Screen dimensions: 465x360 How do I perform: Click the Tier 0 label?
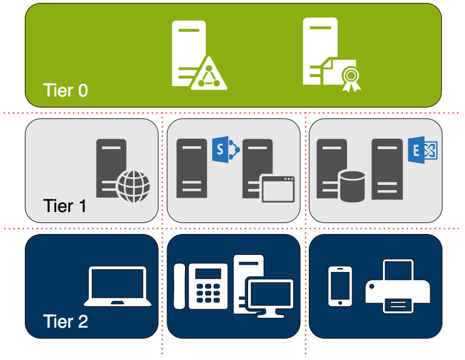(x=65, y=90)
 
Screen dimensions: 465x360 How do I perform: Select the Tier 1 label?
(x=65, y=206)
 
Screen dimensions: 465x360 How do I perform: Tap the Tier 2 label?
(x=65, y=321)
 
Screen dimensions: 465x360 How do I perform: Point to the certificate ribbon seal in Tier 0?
(x=351, y=79)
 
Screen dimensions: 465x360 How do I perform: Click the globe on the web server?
(x=133, y=187)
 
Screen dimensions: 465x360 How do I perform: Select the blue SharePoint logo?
(x=226, y=149)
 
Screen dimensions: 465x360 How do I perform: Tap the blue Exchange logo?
(x=423, y=150)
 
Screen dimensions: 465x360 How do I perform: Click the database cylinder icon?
(x=352, y=187)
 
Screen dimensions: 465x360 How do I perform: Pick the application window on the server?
(x=278, y=189)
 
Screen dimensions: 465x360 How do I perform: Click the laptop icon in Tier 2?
(x=117, y=286)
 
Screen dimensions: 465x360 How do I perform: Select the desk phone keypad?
(x=208, y=294)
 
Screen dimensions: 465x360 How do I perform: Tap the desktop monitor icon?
(x=270, y=298)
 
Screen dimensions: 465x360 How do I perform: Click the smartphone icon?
(x=340, y=286)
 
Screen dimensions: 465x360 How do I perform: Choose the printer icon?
(x=397, y=286)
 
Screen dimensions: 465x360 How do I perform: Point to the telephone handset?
(x=179, y=286)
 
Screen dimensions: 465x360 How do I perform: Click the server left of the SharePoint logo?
(x=191, y=168)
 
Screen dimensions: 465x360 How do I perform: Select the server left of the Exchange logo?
(x=387, y=169)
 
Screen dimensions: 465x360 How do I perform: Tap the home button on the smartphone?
(x=340, y=303)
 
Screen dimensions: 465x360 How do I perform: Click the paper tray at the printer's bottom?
(x=398, y=305)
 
